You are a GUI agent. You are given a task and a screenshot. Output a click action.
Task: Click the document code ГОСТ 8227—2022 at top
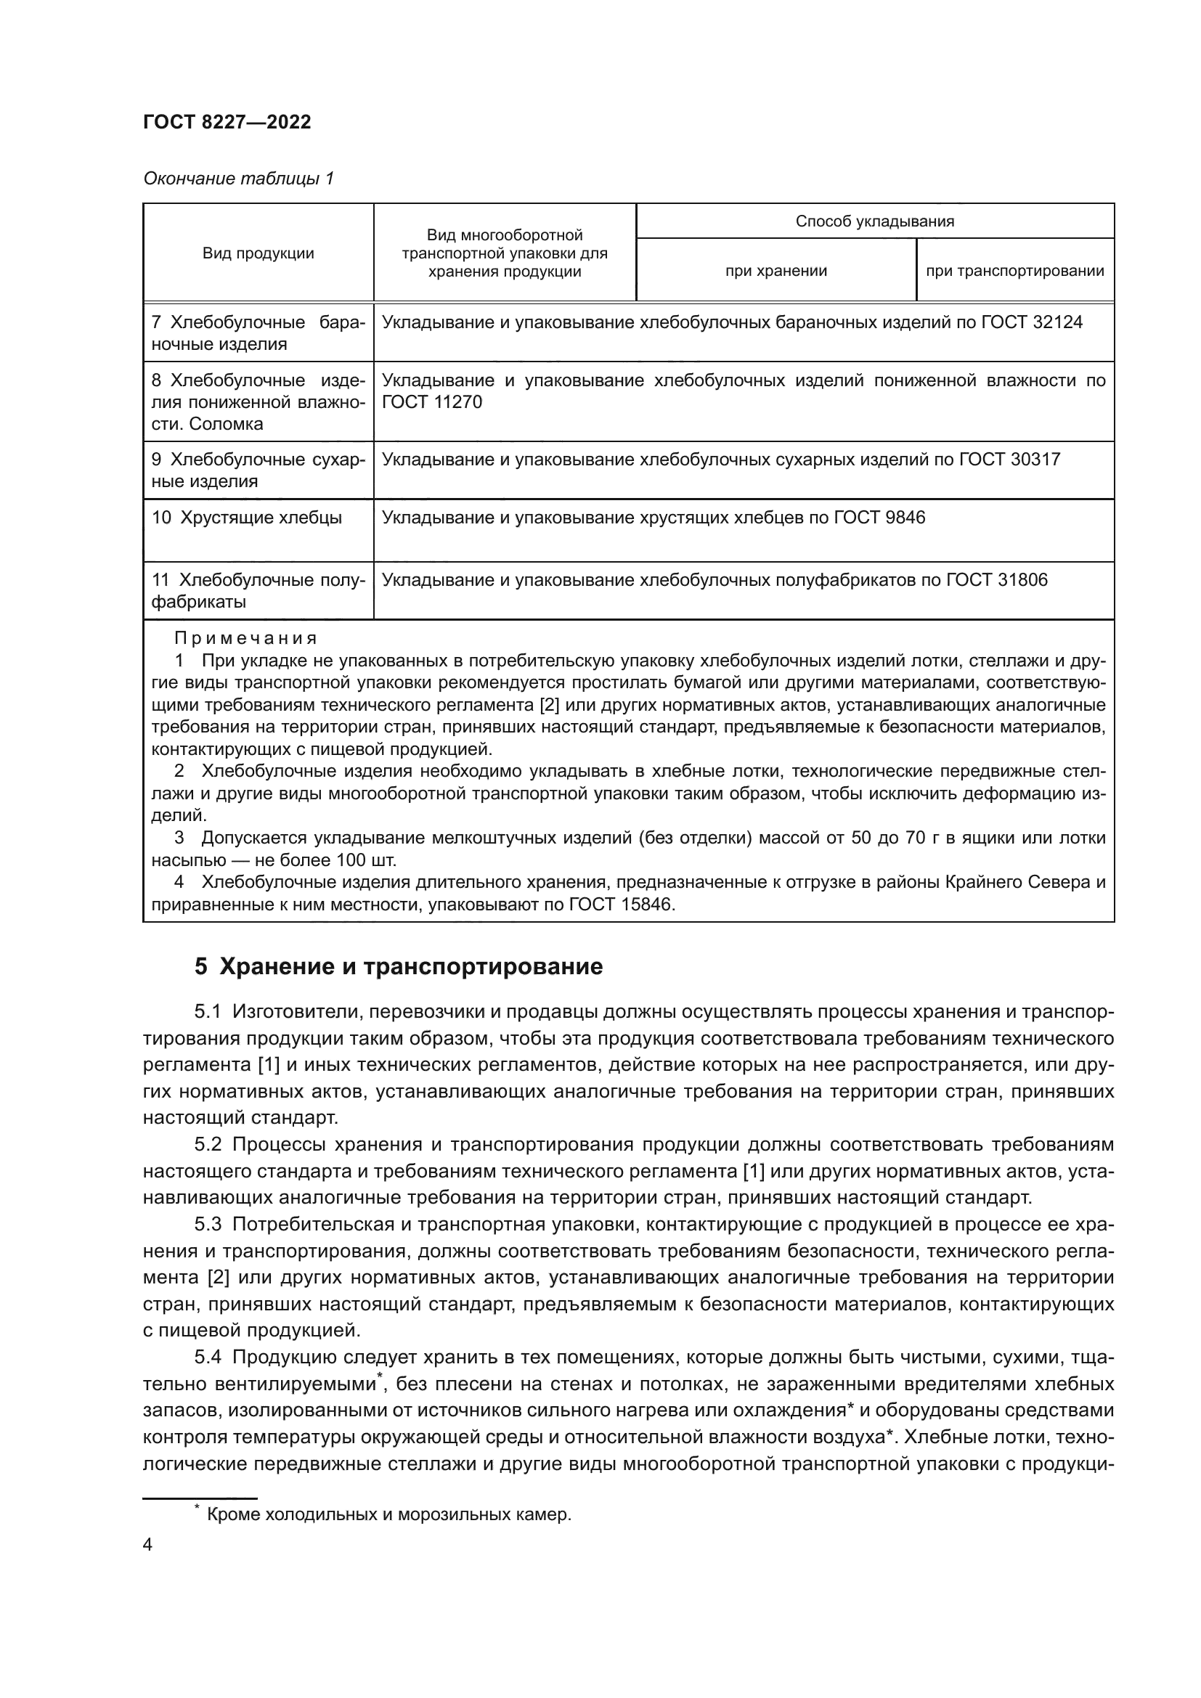227,122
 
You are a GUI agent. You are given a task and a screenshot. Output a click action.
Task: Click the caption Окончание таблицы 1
238,179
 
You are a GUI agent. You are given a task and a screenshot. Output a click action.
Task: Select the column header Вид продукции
258,253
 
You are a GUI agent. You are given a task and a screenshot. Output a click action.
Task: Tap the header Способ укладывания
874,221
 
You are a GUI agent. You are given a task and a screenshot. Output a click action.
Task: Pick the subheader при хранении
775,271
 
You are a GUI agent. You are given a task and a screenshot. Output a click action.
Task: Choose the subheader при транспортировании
1014,271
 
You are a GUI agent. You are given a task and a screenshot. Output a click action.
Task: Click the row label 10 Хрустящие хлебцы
247,518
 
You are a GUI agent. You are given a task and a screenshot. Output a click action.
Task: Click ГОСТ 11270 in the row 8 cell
431,402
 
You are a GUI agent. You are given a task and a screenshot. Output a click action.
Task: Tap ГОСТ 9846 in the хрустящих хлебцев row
879,518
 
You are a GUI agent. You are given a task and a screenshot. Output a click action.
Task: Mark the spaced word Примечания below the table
245,638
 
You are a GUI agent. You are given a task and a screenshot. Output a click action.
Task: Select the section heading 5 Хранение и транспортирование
399,966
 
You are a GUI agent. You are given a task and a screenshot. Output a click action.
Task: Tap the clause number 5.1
208,1011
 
